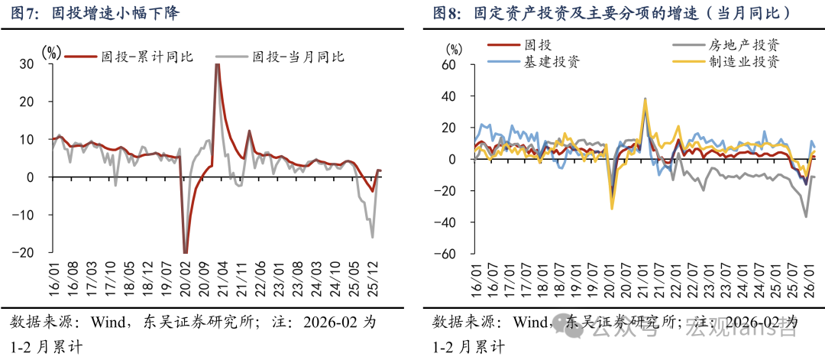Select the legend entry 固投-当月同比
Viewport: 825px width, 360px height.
pyautogui.click(x=298, y=56)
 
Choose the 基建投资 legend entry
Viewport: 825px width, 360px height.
pyautogui.click(x=551, y=62)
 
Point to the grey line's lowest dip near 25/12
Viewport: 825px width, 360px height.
pyautogui.click(x=373, y=237)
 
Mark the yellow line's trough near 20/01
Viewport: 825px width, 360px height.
pyautogui.click(x=612, y=208)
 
